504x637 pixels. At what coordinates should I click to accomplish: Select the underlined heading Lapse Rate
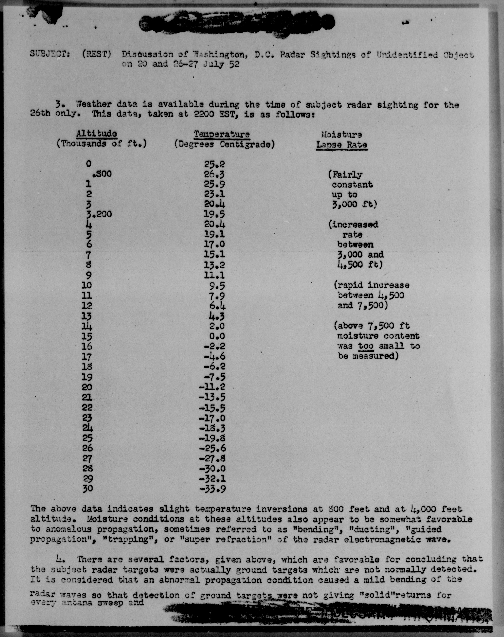click(x=342, y=145)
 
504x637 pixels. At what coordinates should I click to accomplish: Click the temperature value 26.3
click(x=214, y=174)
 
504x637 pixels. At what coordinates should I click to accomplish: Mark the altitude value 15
click(x=87, y=336)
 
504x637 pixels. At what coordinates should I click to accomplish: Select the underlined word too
click(x=366, y=346)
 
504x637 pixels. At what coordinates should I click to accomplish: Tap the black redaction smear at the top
click(x=236, y=24)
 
